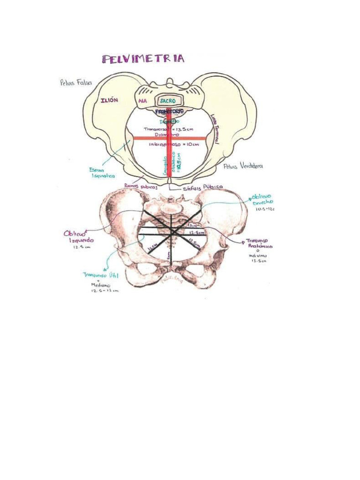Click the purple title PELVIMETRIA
(x=143, y=59)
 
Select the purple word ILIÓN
(x=109, y=100)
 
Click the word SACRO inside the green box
(x=167, y=101)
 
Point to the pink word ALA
(x=142, y=101)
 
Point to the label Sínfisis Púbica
(x=203, y=186)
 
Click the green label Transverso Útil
(x=101, y=276)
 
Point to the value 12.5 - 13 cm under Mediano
(x=104, y=291)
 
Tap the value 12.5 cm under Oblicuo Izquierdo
(x=81, y=247)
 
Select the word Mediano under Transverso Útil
(x=101, y=285)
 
